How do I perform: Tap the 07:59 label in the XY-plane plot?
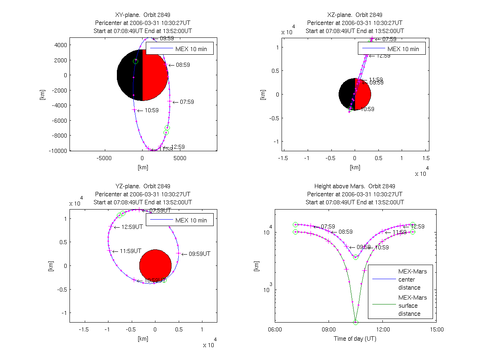[x=186, y=102]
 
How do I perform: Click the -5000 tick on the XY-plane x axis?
[x=104, y=158]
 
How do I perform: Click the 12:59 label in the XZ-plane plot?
[x=382, y=56]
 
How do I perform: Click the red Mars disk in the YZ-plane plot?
[x=155, y=265]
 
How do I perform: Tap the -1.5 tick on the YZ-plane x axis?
[x=84, y=329]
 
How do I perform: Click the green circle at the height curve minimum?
[x=355, y=322]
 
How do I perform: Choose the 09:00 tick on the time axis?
[x=329, y=329]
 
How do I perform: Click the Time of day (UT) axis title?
[x=355, y=339]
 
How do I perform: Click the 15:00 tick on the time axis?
[x=437, y=329]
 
